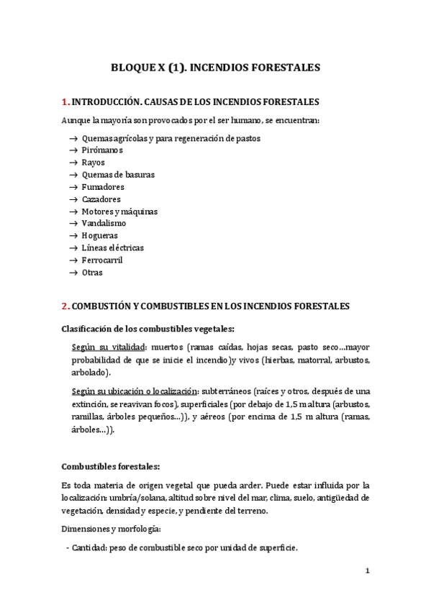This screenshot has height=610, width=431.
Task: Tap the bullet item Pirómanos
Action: pyautogui.click(x=102, y=150)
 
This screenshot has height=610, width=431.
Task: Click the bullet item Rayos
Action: pyautogui.click(x=94, y=162)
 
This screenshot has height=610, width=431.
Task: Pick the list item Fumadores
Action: pyautogui.click(x=103, y=186)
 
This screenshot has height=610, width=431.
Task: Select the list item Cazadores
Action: pyautogui.click(x=101, y=199)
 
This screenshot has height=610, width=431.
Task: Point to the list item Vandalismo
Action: pyautogui.click(x=104, y=223)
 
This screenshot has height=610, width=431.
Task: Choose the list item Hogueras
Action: pyautogui.click(x=100, y=235)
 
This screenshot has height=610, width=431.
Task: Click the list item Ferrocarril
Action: pyautogui.click(x=103, y=260)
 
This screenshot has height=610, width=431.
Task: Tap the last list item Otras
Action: pyautogui.click(x=92, y=272)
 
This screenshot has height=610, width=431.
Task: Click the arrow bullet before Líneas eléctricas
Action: pyautogui.click(x=73, y=247)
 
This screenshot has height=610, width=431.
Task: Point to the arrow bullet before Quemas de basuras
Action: pyautogui.click(x=73, y=174)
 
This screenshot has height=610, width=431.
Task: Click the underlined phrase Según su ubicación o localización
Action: pyautogui.click(x=135, y=391)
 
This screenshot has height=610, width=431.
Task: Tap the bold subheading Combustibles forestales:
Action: pyautogui.click(x=106, y=465)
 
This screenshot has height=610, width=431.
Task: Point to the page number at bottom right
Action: pyautogui.click(x=367, y=571)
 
